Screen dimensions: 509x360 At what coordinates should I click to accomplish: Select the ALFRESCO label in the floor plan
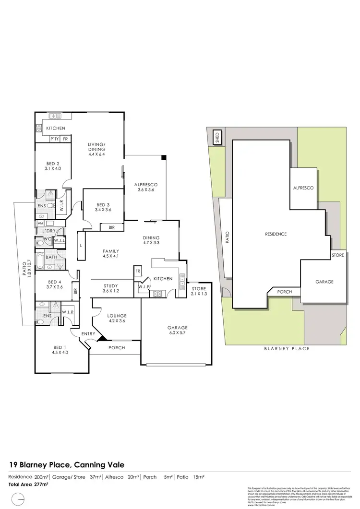(146, 185)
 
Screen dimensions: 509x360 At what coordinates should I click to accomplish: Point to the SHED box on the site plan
(217, 138)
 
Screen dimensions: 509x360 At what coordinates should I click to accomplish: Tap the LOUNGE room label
(117, 316)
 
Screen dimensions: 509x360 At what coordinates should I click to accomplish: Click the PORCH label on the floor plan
(116, 348)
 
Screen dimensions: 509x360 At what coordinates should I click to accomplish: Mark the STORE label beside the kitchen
(198, 288)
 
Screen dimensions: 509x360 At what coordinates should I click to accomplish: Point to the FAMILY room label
(111, 251)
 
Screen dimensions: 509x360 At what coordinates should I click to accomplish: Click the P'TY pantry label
(55, 139)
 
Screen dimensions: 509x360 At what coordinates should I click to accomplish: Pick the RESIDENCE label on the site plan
(276, 234)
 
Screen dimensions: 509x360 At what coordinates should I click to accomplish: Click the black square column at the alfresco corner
(164, 157)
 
